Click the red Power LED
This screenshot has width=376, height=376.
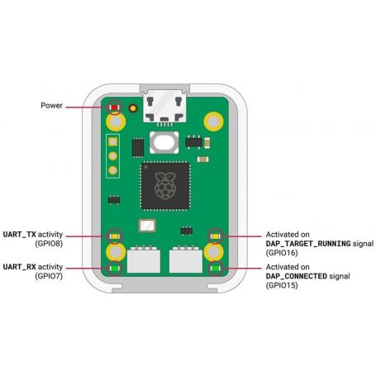point(114,107)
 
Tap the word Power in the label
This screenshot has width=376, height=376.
point(51,106)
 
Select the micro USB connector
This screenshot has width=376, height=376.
point(164,106)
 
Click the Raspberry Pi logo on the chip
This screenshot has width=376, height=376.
point(165,186)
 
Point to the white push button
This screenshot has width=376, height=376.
point(164,142)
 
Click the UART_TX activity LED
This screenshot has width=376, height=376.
point(114,236)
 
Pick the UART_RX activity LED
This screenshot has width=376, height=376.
point(114,269)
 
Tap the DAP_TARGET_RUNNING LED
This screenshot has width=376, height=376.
point(216,236)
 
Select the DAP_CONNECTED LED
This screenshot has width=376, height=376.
point(216,268)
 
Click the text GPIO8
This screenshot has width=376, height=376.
point(49,244)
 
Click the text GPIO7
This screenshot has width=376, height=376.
point(49,276)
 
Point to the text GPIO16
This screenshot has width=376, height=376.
point(282,253)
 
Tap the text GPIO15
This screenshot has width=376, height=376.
point(282,285)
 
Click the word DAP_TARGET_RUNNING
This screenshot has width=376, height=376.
point(308,244)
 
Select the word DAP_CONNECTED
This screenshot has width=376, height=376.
point(297,276)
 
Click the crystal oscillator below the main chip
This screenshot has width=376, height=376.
point(147,226)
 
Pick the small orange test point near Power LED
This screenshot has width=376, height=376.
point(133,108)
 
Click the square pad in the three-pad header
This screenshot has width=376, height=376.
point(112,142)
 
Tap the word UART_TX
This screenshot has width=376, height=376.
point(20,235)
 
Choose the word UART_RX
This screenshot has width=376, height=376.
point(20,267)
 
